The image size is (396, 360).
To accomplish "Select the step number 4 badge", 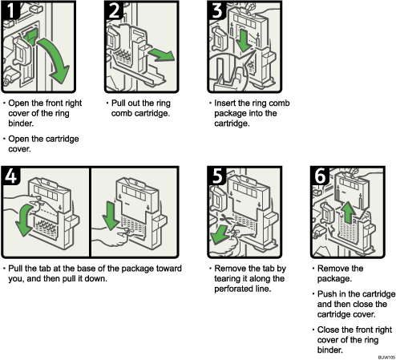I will coord(12,177).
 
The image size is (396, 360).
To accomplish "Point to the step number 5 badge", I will coord(217,177).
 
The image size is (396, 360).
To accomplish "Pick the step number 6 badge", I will coord(319,177).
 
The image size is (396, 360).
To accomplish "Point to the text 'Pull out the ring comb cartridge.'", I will coord(143,108).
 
